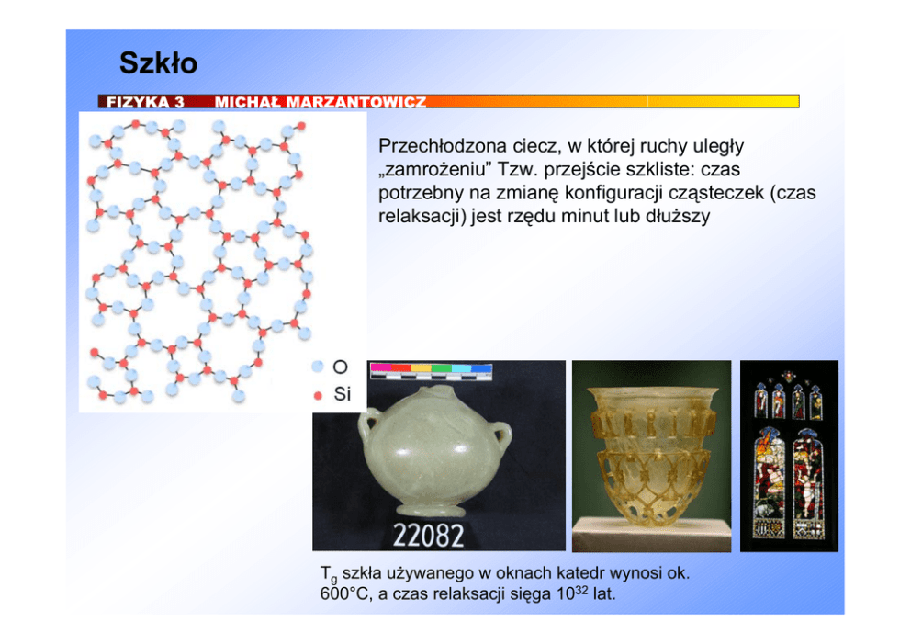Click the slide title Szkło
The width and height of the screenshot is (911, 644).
158,62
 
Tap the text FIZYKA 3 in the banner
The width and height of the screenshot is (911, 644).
145,102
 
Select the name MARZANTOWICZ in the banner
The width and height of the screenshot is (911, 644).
356,102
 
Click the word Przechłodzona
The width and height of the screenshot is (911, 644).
440,145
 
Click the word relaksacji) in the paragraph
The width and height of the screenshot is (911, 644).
422,216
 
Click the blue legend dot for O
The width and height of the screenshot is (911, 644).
317,367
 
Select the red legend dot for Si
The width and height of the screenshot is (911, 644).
318,396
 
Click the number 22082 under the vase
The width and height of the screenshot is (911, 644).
428,536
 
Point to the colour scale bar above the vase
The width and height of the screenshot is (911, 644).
431,371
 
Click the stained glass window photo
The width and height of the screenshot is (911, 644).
789,456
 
